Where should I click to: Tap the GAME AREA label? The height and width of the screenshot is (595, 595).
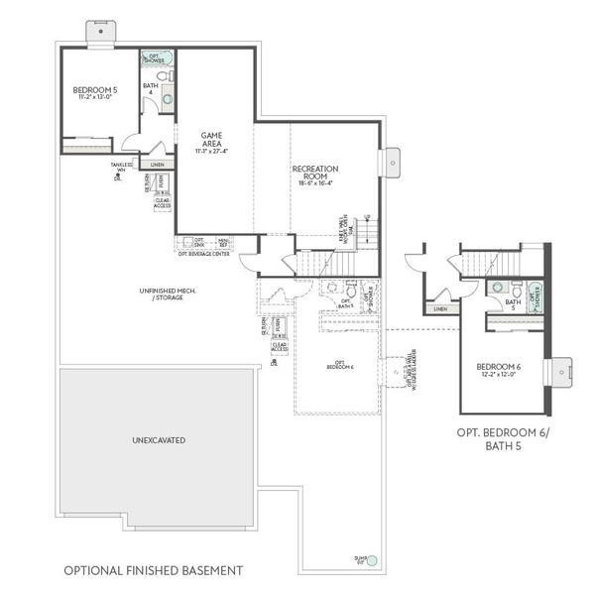click(x=211, y=138)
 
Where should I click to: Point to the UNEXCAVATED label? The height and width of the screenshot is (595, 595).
click(x=159, y=438)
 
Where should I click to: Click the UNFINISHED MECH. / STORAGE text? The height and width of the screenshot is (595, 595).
click(x=167, y=294)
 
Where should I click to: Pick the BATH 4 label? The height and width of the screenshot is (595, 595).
click(x=150, y=88)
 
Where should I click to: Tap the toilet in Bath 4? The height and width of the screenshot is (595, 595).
click(x=167, y=75)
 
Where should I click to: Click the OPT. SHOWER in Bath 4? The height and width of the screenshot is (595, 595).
click(x=154, y=59)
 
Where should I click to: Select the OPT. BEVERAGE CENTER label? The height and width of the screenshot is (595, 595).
click(x=203, y=254)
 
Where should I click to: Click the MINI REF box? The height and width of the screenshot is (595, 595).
click(x=224, y=241)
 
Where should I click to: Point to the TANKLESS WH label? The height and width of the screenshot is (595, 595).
click(x=122, y=167)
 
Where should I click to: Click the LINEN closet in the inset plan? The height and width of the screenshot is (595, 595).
click(x=440, y=308)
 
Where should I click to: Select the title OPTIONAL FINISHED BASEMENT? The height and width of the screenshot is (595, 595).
click(x=153, y=570)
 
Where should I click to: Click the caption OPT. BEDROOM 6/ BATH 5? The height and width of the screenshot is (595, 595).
click(x=504, y=439)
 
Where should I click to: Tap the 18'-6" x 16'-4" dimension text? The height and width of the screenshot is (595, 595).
click(x=315, y=182)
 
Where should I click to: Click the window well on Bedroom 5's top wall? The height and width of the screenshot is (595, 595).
click(x=100, y=33)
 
